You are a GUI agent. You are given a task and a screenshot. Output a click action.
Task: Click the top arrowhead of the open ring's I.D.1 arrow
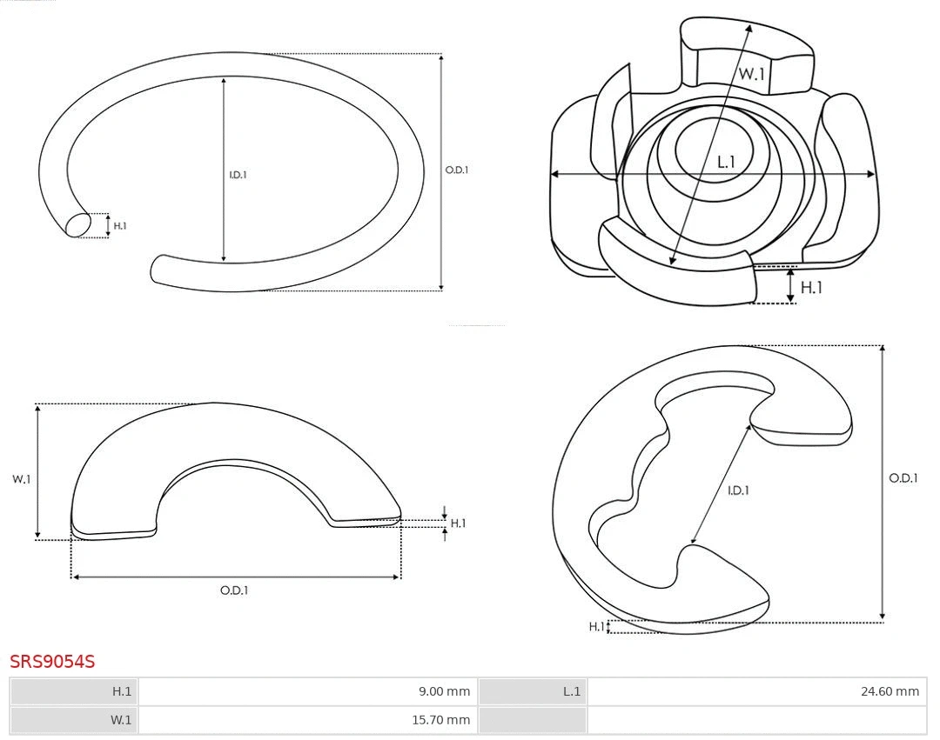coord(224,80)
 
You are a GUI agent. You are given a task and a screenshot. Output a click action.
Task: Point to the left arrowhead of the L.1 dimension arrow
coord(554,174)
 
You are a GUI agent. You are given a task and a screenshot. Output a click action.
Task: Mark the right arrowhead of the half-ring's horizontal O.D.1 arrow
coord(396,577)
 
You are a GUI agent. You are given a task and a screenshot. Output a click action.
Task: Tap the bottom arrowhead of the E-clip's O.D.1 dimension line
coord(882,616)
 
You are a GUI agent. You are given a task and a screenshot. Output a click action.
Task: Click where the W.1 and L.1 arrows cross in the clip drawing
coord(700,174)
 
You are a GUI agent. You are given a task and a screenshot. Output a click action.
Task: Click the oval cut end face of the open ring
coord(78,225)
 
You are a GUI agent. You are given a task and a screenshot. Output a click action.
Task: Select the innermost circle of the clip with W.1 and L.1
coord(714,150)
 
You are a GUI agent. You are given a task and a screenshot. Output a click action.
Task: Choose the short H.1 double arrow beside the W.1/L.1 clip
coord(790,285)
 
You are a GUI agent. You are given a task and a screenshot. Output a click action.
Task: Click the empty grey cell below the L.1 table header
coord(533,720)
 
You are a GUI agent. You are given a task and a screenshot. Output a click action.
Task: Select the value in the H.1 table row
coord(444,691)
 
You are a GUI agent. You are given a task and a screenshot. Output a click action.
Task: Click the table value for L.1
coord(890,691)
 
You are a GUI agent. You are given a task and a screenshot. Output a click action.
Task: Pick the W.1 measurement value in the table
coord(440,720)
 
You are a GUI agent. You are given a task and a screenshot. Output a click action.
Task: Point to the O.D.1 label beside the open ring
coord(457,170)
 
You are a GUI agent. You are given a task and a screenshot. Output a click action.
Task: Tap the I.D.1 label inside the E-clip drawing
coord(738,490)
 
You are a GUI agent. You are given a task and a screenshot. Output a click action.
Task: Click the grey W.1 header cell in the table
coord(74,720)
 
